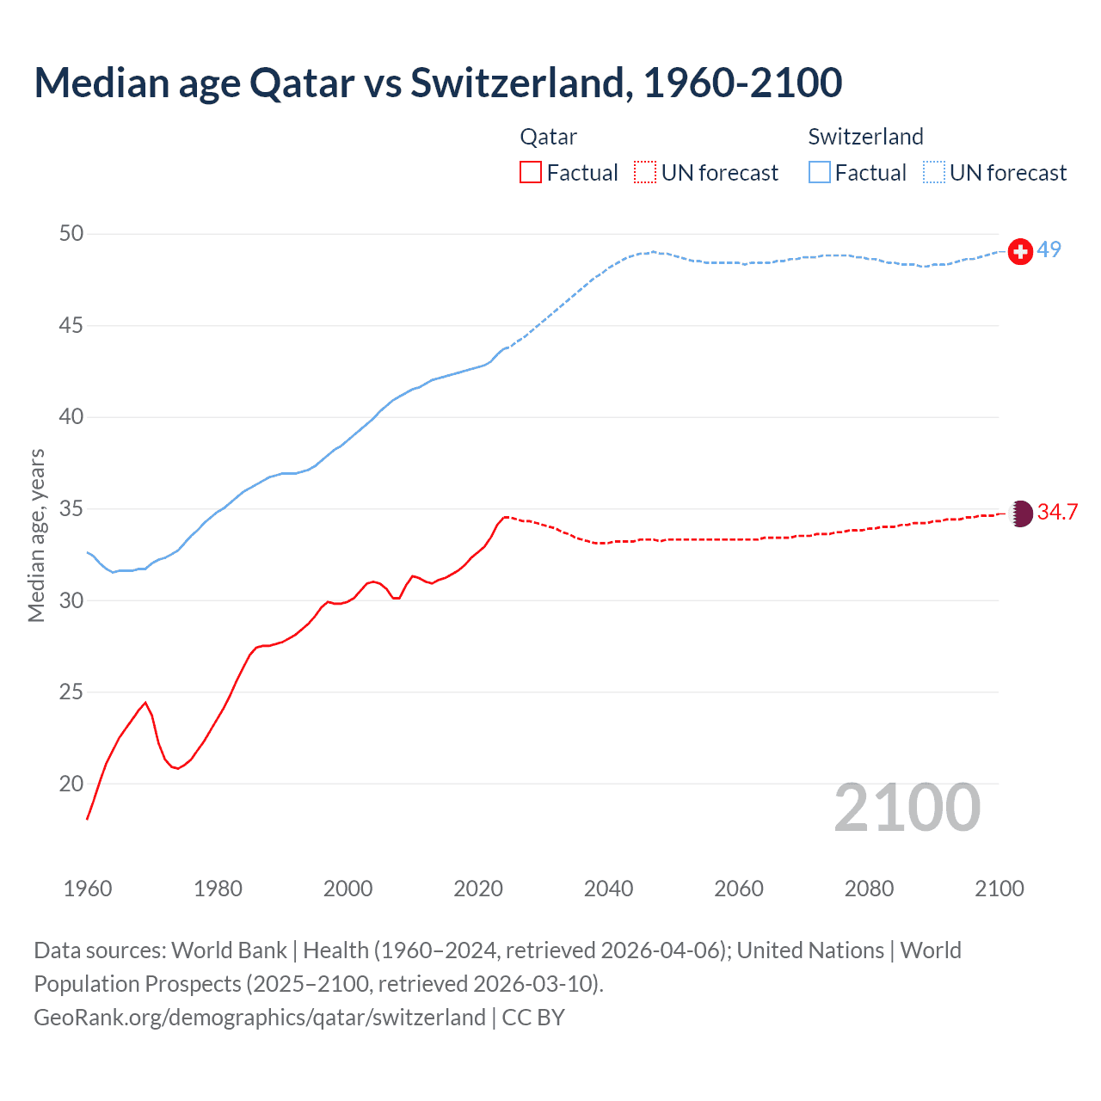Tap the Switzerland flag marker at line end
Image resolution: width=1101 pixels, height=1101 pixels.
1020,251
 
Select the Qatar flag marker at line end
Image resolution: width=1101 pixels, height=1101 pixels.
1020,514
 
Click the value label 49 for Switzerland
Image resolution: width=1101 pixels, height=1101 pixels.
1049,250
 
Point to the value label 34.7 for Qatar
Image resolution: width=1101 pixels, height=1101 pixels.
1057,513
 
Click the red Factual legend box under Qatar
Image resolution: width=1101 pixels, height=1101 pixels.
531,173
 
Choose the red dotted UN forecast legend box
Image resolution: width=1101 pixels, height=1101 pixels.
645,173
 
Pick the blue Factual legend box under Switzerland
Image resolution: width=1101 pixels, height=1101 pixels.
819,173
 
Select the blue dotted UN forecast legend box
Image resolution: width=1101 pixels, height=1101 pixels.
934,173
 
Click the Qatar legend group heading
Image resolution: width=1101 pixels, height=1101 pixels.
549,137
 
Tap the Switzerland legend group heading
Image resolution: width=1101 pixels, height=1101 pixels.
865,137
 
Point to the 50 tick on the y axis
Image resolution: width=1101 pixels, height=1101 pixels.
71,234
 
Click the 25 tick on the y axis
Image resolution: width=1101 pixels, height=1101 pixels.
71,692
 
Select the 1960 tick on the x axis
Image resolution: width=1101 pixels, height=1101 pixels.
88,889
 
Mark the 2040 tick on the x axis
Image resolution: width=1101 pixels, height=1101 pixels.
608,889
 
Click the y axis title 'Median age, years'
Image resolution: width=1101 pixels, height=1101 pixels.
36,535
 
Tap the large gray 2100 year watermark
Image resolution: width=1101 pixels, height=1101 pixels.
907,808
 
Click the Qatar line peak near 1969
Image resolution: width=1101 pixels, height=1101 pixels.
145,703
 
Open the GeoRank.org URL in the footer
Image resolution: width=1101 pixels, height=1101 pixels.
259,1018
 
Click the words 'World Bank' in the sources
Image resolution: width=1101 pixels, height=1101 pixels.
229,950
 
